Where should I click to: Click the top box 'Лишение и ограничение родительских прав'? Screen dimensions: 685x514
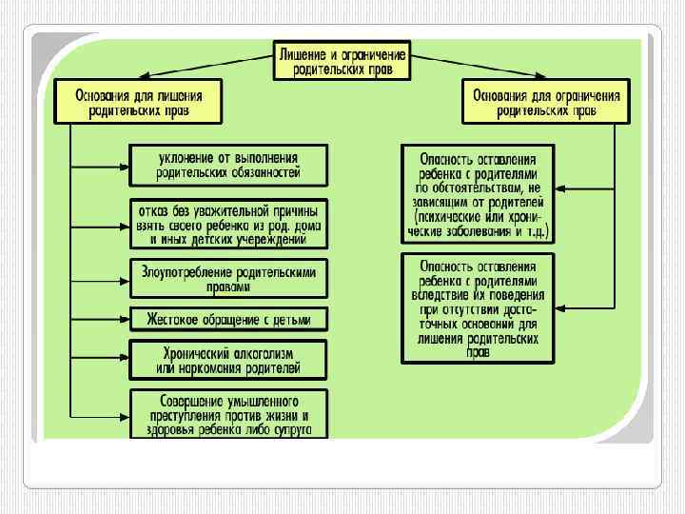(x=342, y=59)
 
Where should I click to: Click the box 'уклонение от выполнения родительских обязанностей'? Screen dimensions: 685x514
(x=228, y=164)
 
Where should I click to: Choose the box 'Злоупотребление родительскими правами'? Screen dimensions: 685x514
(x=228, y=278)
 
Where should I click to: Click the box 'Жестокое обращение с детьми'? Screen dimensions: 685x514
(x=228, y=318)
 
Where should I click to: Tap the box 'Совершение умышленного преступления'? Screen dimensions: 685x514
(x=228, y=413)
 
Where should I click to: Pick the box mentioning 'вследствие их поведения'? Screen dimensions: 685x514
(x=478, y=307)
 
